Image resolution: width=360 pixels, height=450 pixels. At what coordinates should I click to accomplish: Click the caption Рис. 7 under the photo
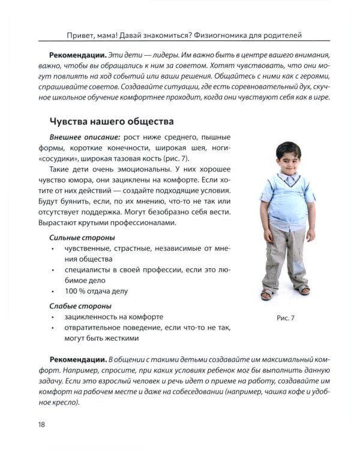tap(284, 318)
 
